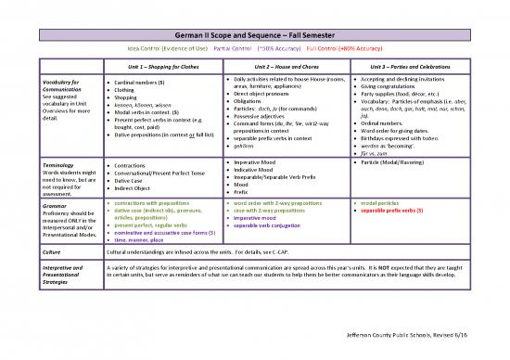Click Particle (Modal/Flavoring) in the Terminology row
402,163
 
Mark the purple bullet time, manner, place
146,239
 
